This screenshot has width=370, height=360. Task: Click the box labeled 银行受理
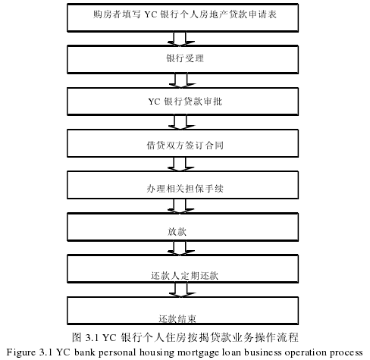click(183, 59)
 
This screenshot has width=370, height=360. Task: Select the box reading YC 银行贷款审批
click(183, 102)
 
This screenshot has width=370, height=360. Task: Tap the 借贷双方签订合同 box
click(183, 143)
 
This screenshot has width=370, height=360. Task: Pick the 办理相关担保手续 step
click(183, 185)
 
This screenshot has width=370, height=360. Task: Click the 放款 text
click(177, 231)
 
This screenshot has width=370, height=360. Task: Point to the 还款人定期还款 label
click(184, 275)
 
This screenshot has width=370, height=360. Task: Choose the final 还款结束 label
click(177, 319)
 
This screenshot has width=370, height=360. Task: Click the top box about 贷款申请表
click(183, 17)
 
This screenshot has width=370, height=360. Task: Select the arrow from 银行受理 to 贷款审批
click(182, 80)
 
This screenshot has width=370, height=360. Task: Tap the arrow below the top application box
click(180, 39)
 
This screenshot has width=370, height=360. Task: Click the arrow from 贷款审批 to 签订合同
click(181, 122)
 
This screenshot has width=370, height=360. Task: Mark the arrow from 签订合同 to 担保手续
click(180, 164)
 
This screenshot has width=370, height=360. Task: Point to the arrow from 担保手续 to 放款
click(180, 206)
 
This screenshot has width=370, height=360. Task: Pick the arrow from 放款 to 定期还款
click(180, 248)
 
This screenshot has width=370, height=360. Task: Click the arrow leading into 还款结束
click(182, 290)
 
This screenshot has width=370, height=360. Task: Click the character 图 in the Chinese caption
click(77, 337)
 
